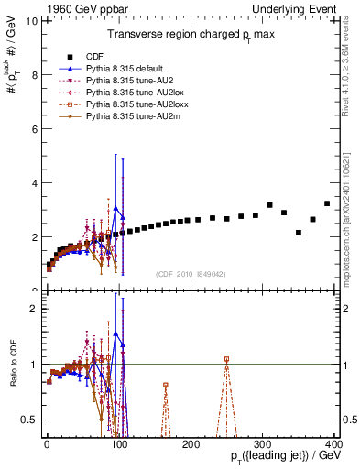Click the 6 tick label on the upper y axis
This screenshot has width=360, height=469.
click(35, 129)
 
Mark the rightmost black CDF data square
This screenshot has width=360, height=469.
click(327, 203)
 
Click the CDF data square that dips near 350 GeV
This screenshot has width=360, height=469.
click(299, 233)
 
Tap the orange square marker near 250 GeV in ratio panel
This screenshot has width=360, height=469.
click(227, 359)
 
